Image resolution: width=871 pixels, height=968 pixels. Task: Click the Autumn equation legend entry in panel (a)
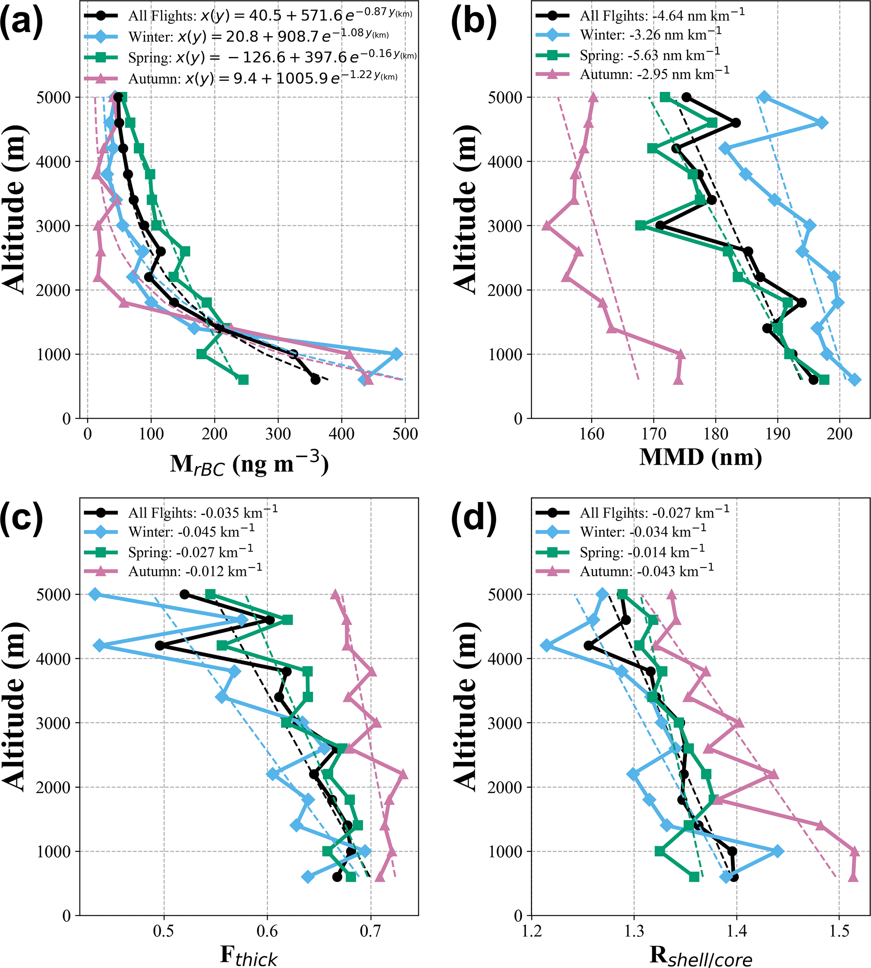click(263, 77)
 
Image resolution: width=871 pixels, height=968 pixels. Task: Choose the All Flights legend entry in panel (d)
click(654, 513)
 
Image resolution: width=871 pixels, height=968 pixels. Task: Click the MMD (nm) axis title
click(700, 457)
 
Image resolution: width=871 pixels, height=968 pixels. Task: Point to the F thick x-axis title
click(248, 956)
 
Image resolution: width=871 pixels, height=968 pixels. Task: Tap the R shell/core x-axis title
click(700, 956)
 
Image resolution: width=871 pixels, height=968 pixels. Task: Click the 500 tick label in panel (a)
click(405, 434)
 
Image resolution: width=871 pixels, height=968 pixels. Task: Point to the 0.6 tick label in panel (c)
click(267, 931)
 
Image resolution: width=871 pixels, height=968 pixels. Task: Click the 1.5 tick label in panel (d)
click(839, 931)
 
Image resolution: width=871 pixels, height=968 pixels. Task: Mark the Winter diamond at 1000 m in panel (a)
click(396, 354)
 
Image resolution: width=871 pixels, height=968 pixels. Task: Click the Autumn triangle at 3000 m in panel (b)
click(547, 226)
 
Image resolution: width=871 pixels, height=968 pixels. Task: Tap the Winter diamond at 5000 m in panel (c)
click(95, 594)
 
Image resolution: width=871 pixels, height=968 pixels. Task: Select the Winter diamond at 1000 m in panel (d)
click(778, 851)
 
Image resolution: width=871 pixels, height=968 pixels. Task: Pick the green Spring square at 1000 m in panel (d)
click(659, 851)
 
